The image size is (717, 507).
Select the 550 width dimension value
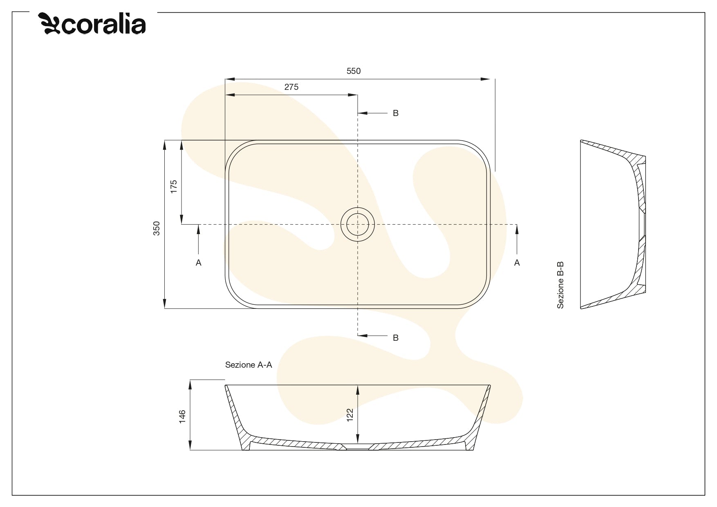click(x=354, y=71)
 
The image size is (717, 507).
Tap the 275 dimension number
click(x=291, y=87)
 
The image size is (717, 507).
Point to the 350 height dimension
click(x=157, y=228)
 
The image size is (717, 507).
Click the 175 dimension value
click(x=174, y=187)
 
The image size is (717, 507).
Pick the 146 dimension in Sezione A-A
click(x=182, y=416)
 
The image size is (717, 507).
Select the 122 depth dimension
click(x=350, y=415)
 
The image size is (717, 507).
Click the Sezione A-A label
click(x=249, y=365)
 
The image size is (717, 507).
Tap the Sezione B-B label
click(x=560, y=285)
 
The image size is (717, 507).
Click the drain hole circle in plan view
click(x=358, y=224)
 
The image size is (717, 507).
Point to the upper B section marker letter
click(x=395, y=113)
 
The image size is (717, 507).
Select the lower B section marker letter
click(x=395, y=338)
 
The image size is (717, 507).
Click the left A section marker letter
click(x=199, y=263)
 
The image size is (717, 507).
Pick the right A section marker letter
click(x=517, y=263)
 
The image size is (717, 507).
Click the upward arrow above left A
click(x=199, y=230)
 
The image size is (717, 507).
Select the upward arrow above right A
click(x=517, y=230)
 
